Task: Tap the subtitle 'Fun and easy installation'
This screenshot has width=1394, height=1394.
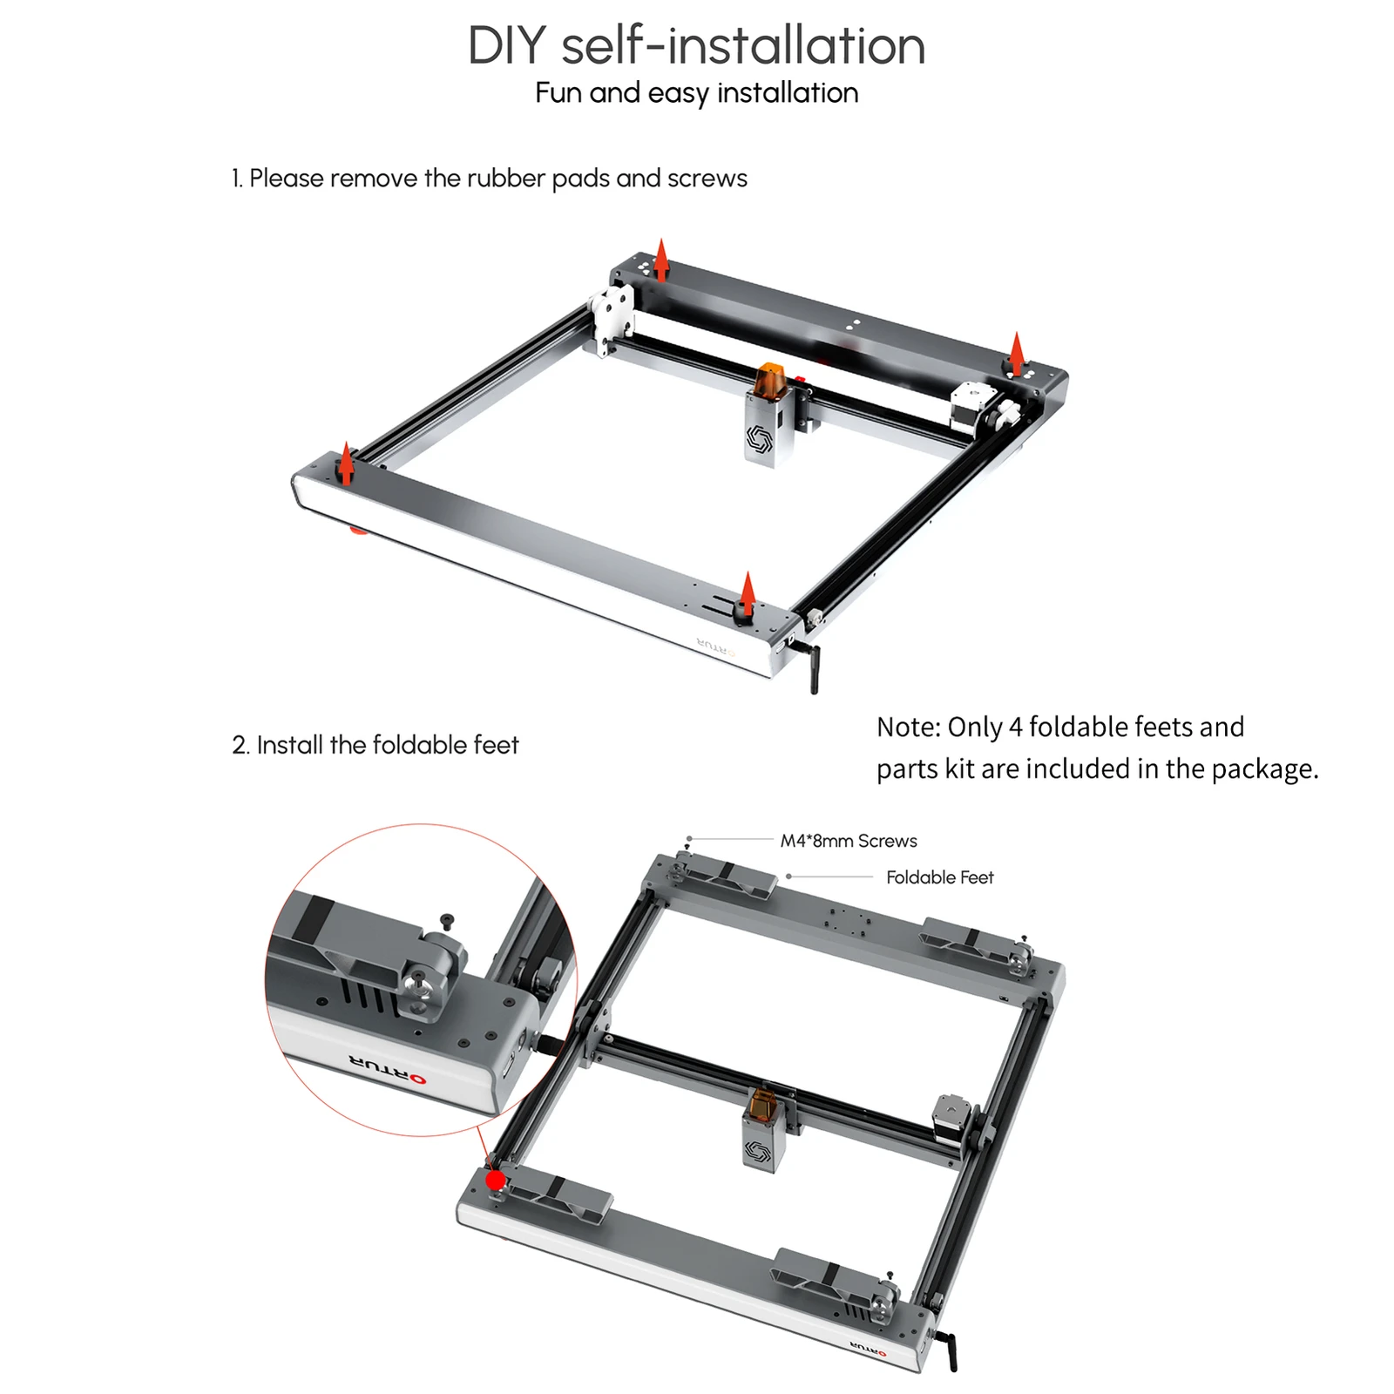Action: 696,93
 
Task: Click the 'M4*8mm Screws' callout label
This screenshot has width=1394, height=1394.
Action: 848,841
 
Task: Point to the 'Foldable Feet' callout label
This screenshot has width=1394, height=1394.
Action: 939,877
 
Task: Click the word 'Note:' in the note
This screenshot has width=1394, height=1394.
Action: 909,727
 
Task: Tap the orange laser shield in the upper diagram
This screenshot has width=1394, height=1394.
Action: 770,380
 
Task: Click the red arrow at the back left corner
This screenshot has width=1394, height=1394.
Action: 661,259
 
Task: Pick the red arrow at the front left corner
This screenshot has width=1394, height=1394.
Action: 346,463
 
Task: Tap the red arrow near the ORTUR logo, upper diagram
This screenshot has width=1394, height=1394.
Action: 747,592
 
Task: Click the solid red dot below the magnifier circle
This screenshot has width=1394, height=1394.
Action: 496,1181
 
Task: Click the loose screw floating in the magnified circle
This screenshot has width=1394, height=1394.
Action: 448,920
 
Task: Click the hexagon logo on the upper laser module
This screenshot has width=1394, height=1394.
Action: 759,438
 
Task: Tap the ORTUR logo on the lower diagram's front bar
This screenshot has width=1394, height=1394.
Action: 868,1350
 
